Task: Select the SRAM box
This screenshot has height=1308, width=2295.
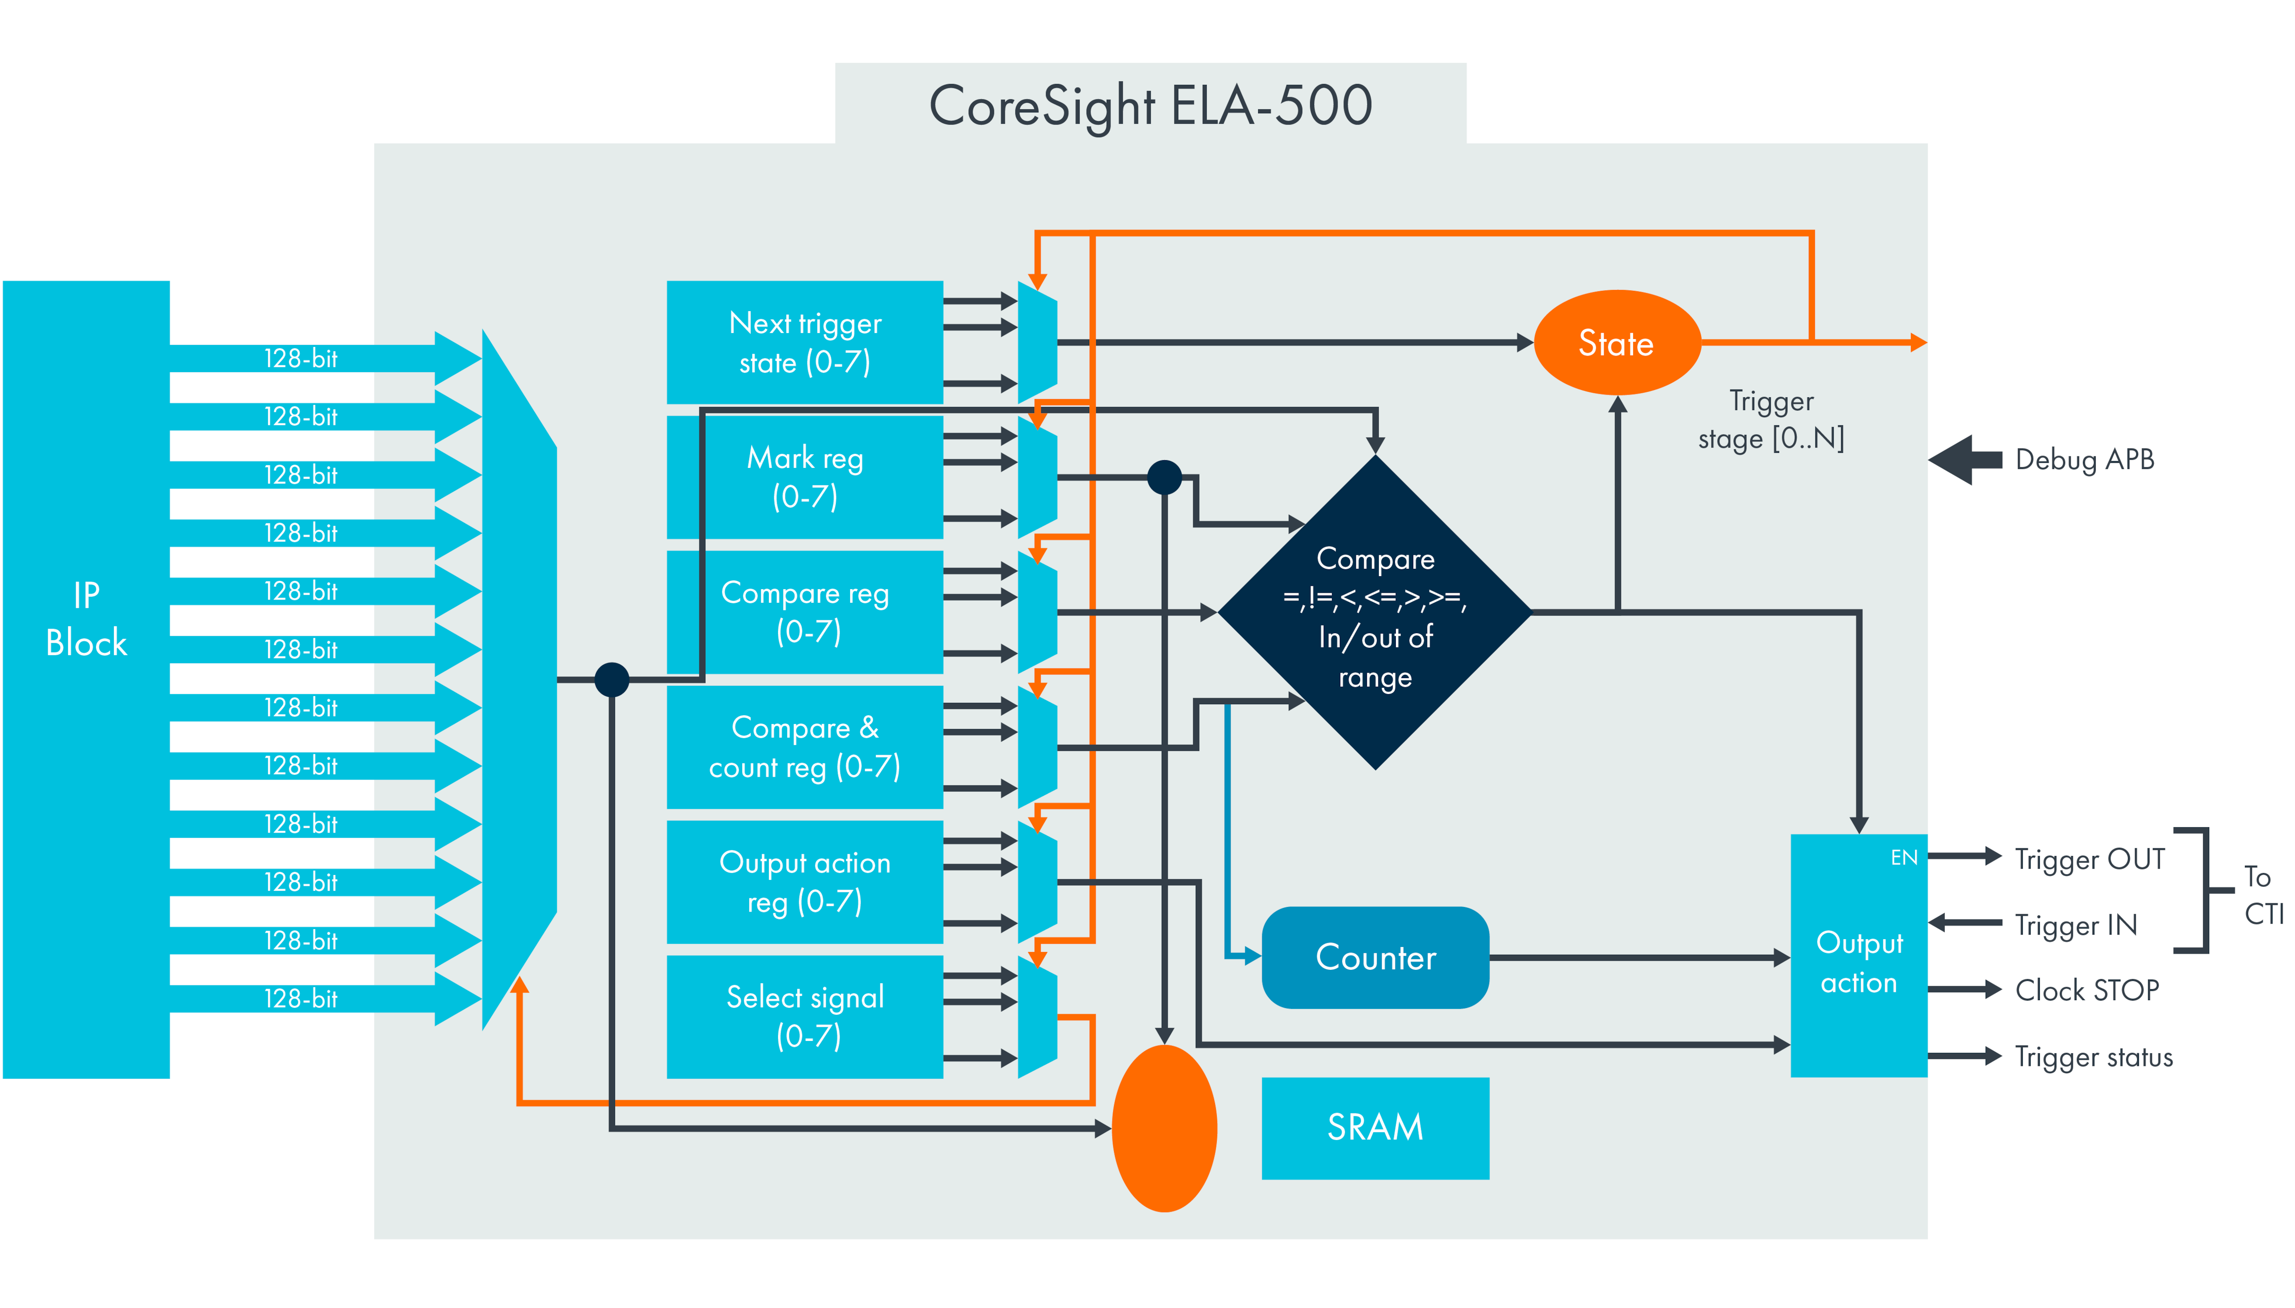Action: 1375,1127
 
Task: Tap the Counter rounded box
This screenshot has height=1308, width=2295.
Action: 1375,957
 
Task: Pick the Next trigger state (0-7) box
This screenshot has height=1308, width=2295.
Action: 804,342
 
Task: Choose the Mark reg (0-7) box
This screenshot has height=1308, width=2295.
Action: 804,477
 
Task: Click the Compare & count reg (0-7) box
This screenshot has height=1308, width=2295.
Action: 804,746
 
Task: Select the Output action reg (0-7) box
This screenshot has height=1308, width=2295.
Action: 804,881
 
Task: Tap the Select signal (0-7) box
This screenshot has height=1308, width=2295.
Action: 804,1016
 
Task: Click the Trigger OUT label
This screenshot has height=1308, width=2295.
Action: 2089,859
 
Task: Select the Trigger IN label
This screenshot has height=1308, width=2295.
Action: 2076,924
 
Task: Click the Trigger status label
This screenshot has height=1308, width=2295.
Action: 2093,1057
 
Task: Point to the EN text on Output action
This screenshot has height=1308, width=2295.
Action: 1903,858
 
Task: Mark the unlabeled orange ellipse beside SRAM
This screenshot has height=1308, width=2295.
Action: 1164,1128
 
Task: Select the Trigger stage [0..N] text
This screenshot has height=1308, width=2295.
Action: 1770,419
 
